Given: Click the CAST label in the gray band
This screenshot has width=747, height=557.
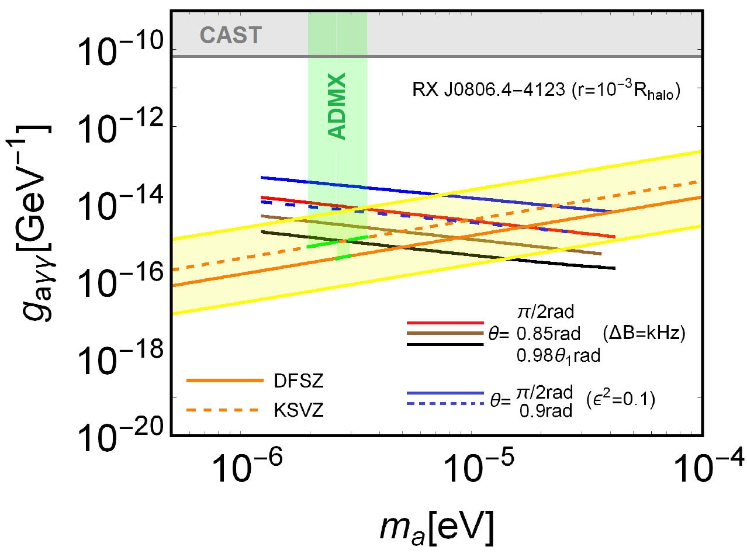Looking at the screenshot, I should (230, 36).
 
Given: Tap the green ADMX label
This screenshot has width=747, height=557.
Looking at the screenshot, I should (338, 106).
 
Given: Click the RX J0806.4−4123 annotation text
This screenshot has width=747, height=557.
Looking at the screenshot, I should (546, 91).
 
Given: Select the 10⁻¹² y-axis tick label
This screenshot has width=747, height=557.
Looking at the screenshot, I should (120, 126).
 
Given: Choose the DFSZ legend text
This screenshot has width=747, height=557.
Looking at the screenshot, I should (298, 381).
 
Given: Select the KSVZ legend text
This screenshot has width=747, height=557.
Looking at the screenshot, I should (298, 410).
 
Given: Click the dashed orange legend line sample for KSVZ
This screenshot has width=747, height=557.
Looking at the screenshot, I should (223, 410).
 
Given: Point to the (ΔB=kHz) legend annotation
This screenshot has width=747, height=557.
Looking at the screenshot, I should (644, 333).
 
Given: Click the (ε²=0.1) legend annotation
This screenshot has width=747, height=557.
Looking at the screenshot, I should (620, 400).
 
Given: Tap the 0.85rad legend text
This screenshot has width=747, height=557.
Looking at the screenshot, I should (548, 334).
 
